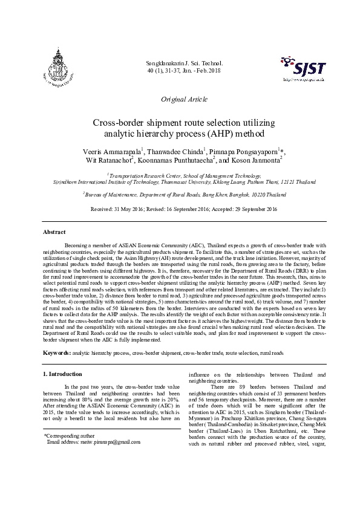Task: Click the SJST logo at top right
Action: click(303, 70)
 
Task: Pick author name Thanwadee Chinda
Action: click(178, 151)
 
